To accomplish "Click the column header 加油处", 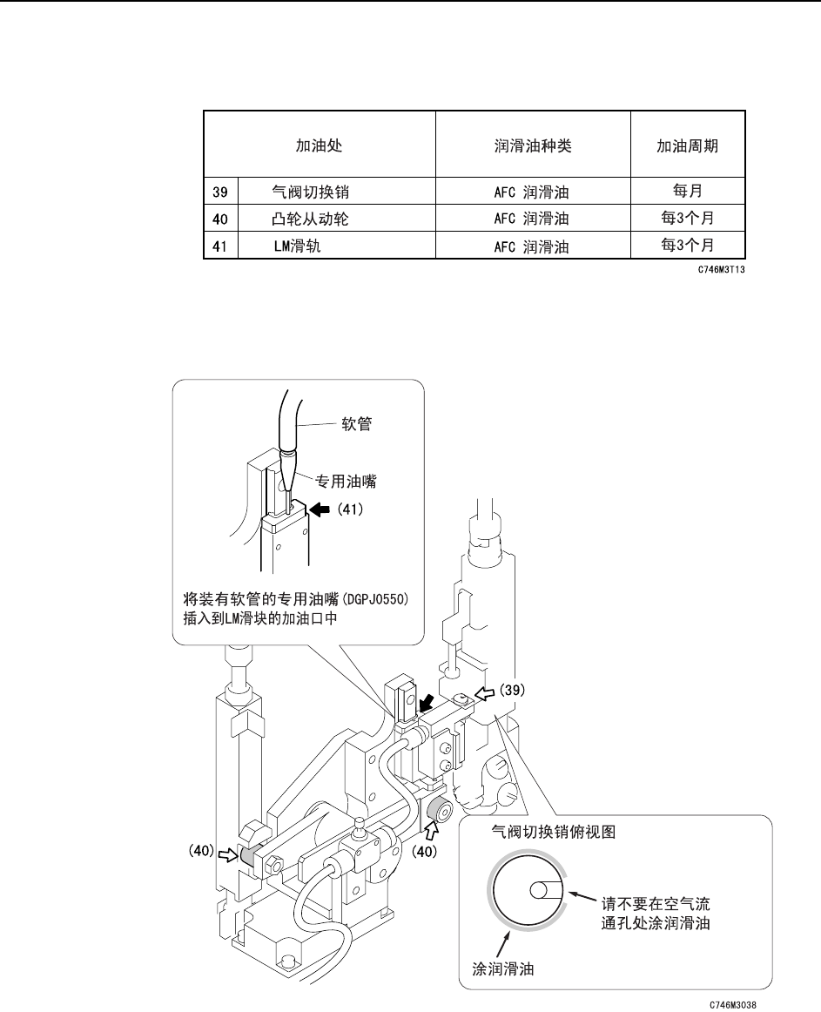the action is (x=319, y=145).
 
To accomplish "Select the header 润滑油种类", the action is (x=532, y=145).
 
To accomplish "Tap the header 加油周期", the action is (x=687, y=145).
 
